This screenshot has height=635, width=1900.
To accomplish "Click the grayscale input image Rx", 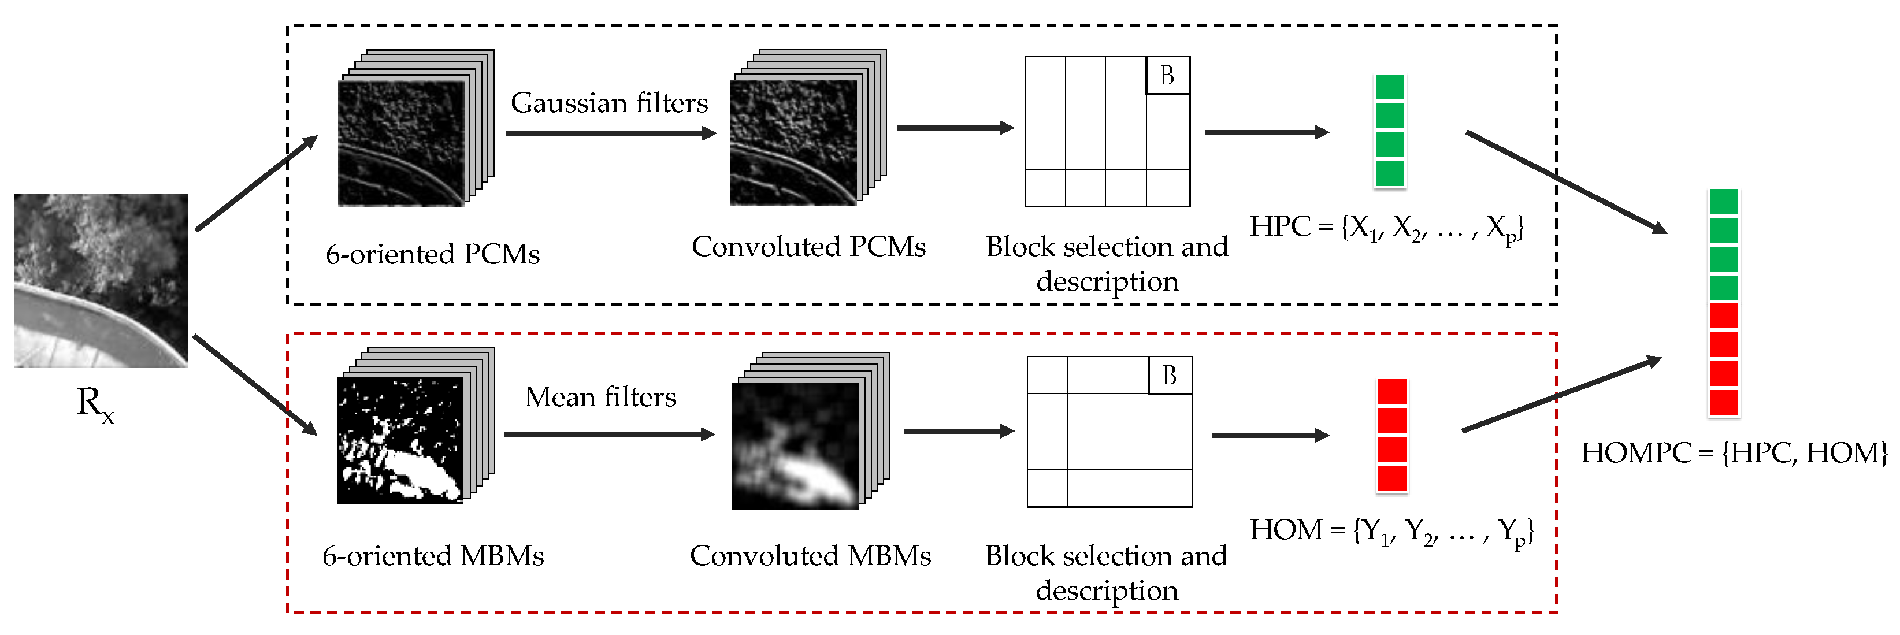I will click(101, 280).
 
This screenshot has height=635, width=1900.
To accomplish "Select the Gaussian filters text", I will click(608, 102).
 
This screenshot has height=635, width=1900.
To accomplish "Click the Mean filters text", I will click(600, 397).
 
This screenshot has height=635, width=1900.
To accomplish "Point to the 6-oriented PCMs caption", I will click(433, 254).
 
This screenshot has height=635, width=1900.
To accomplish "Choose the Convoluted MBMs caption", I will click(810, 555).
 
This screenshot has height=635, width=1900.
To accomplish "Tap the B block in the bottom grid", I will click(1170, 376).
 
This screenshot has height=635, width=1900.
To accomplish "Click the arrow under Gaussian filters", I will click(611, 133).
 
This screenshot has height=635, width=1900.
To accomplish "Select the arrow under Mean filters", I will click(609, 435).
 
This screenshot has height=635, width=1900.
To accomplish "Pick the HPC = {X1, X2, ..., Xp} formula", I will click(1387, 227).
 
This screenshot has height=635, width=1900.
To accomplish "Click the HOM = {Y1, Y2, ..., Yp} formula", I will click(1391, 531).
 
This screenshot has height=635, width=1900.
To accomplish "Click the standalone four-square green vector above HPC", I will click(1390, 131).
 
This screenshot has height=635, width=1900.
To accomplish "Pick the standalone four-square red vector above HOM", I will click(1392, 435).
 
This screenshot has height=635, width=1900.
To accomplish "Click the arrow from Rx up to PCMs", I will click(256, 184).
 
